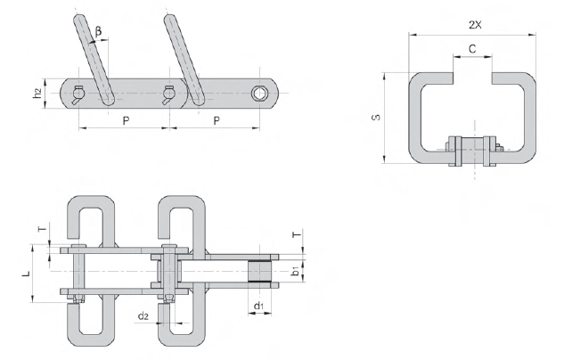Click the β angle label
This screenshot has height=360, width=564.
coord(98,32)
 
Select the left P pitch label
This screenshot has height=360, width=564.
coord(126,121)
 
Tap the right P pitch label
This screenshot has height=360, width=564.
coord(217,121)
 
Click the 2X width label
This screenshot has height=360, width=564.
coord(475,25)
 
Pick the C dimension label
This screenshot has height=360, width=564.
coord(472,48)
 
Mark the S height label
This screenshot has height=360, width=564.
coord(376,118)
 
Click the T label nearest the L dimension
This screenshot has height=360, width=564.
coord(43,229)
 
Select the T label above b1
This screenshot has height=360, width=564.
coord(297,235)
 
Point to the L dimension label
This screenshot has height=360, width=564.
coord(27,274)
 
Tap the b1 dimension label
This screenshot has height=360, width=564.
coord(295,272)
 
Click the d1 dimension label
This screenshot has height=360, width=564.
coord(258,306)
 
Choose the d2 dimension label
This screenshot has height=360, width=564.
coord(143,316)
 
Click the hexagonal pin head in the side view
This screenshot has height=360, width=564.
coord(258,94)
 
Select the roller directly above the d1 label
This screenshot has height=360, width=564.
coord(259,271)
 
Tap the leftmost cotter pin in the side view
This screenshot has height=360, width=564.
coord(78,95)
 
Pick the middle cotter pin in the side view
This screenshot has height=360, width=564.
coord(168,95)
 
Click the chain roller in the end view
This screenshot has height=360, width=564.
coord(473,151)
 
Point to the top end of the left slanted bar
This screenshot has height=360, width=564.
coord(79,17)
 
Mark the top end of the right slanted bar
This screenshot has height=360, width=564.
coord(170,17)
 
